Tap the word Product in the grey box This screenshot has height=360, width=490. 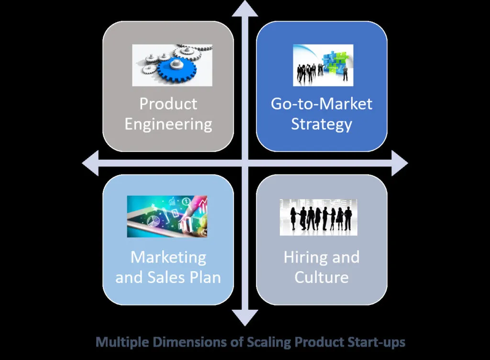coord(168,104)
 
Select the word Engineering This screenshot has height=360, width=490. coord(168,124)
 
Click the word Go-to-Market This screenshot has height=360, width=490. coord(321,104)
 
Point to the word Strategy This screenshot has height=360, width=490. coord(321,124)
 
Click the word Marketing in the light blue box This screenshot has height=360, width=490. coord(168,257)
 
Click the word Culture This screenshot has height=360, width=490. coord(321,277)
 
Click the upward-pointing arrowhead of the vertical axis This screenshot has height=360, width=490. coord(245,9)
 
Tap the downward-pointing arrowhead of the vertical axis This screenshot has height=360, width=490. coord(245,317)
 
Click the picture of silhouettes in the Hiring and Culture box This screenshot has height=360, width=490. coord(318,218)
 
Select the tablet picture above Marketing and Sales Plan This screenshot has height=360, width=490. coord(167,217)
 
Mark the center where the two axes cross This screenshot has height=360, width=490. coord(245,163)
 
